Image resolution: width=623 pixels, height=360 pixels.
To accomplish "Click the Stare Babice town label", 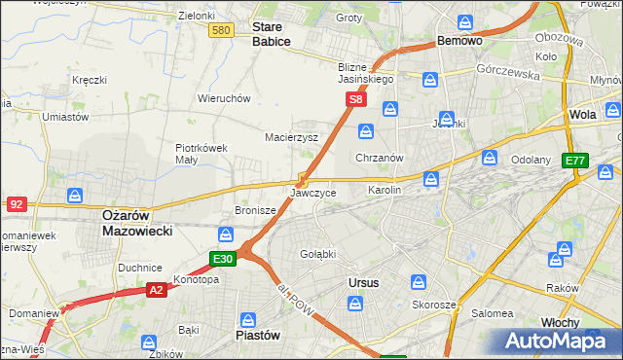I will [x=272, y=35].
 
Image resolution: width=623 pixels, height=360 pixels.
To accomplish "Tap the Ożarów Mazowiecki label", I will [x=137, y=224].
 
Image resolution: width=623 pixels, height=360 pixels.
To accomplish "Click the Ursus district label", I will [x=363, y=282].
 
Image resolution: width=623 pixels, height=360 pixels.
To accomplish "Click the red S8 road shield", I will [x=357, y=99].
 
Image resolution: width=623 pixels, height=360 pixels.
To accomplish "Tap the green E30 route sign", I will [x=223, y=258].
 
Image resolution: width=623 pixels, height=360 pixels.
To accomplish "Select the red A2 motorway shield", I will [x=157, y=289].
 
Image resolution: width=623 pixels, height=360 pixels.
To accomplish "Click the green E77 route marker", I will [x=575, y=161].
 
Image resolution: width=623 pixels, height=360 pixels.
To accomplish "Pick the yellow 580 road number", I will [x=222, y=31].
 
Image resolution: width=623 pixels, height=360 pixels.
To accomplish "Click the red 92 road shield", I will [x=17, y=203].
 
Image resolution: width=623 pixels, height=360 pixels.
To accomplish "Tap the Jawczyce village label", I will [x=313, y=193].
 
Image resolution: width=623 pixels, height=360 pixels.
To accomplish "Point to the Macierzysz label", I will [x=292, y=137].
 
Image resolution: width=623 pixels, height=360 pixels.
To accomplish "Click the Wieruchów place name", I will [x=225, y=98].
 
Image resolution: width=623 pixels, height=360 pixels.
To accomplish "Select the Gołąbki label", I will [x=318, y=253].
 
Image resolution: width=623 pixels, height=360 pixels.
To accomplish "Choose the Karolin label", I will [x=385, y=190].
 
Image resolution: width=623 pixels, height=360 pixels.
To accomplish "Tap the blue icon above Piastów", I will [x=248, y=318].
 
